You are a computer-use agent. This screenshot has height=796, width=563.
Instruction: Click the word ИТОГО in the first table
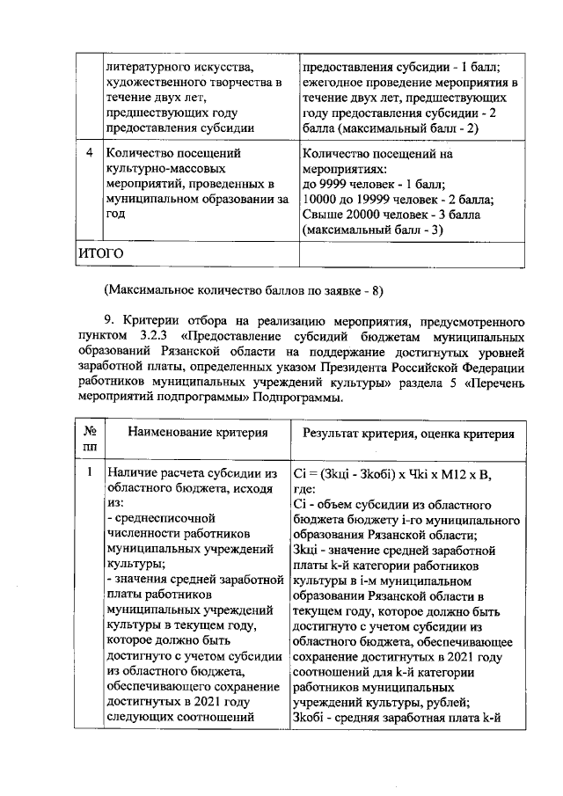100,252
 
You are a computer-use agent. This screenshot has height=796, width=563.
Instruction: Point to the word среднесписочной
161,519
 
